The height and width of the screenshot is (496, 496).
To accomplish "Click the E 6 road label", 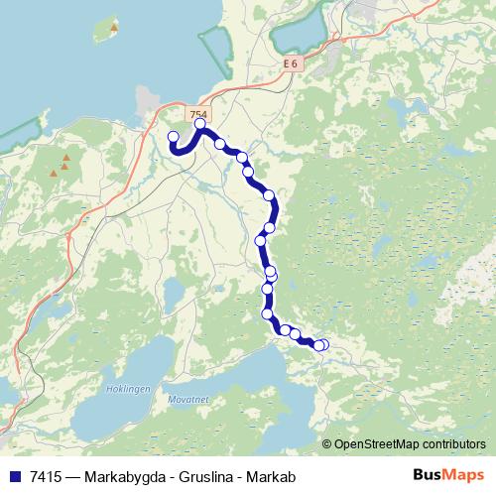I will (x=290, y=63).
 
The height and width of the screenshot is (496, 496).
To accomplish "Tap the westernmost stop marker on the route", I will (x=173, y=137).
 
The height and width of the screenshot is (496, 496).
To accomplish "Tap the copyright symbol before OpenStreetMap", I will (x=327, y=444).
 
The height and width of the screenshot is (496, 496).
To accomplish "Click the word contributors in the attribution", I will (x=453, y=444).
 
